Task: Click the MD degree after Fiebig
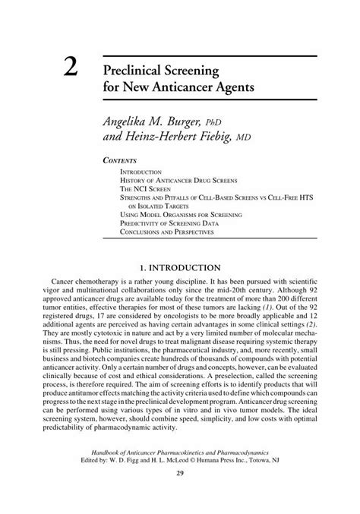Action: click(263, 140)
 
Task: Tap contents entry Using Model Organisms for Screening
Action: click(181, 215)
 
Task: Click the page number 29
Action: click(180, 496)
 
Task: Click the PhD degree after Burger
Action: click(240, 122)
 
